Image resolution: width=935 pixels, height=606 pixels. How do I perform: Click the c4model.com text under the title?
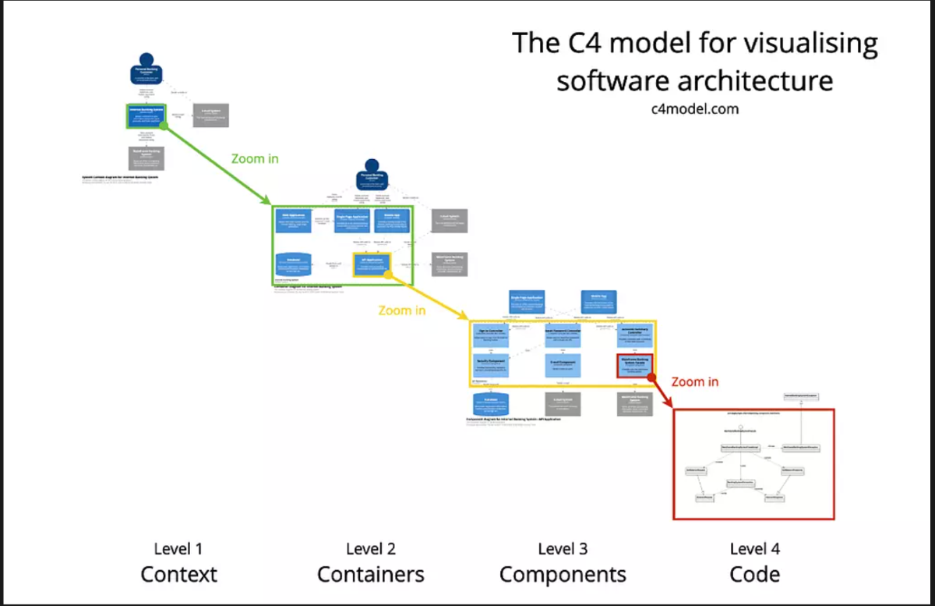point(694,108)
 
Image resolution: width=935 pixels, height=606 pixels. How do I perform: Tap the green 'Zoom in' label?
point(255,158)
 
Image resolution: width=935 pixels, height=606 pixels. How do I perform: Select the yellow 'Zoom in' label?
point(402,310)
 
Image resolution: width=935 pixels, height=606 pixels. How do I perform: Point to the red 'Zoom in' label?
point(695,381)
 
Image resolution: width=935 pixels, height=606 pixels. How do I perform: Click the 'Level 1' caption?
point(178,549)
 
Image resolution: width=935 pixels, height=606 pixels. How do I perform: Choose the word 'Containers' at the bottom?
point(371,575)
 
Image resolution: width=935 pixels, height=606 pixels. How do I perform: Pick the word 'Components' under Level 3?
point(563,575)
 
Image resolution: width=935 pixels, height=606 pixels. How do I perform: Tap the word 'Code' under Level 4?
point(754,575)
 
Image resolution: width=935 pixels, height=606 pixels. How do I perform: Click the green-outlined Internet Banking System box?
point(146,115)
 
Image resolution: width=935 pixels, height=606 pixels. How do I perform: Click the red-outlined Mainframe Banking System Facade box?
point(634,365)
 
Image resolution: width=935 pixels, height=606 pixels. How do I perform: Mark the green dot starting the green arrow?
point(163,126)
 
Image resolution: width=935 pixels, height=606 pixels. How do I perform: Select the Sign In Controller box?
point(492,335)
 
